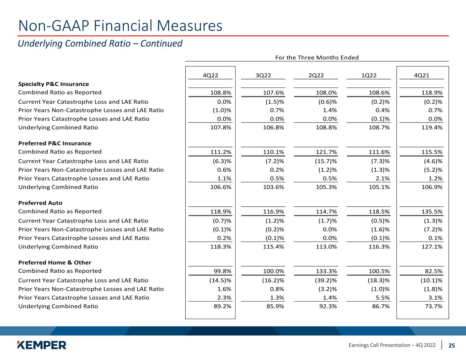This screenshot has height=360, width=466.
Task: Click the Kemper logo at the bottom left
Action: [x=42, y=345]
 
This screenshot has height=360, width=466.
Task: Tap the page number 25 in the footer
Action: [x=452, y=345]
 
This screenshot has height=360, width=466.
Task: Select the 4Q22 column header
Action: [x=210, y=75]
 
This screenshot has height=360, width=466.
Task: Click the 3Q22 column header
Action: [x=263, y=75]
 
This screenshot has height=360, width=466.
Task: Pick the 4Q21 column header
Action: [x=422, y=75]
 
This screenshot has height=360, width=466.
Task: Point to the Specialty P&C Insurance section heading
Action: [x=54, y=84]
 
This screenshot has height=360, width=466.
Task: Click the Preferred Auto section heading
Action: [x=40, y=203]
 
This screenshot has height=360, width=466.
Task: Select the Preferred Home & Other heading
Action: [x=55, y=262]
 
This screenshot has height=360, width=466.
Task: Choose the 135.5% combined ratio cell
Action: [x=432, y=212]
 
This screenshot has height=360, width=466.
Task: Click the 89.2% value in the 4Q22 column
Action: [x=222, y=306]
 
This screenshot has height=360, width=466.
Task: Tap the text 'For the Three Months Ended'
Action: [x=317, y=57]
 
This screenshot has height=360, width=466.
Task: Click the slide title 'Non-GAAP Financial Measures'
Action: [x=120, y=26]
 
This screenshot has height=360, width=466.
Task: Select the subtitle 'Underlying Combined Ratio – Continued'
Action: [x=100, y=44]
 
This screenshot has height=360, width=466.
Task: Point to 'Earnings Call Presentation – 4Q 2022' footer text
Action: [x=392, y=345]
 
